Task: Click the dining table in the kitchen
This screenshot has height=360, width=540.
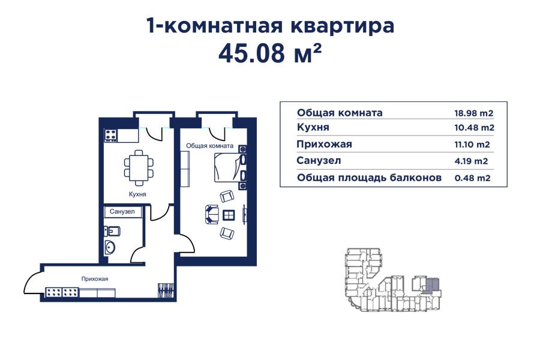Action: (138, 166)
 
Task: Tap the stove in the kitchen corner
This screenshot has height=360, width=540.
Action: (110, 136)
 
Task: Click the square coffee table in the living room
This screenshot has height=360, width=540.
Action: (229, 215)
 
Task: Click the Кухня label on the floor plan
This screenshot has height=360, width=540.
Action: (137, 194)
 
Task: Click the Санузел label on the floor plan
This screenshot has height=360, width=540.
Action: (122, 212)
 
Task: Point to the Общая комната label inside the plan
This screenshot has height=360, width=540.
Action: (209, 145)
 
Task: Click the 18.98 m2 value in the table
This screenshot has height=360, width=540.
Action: (474, 113)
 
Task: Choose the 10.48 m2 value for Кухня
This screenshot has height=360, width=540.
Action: (474, 128)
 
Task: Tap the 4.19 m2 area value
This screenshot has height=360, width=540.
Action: (470, 161)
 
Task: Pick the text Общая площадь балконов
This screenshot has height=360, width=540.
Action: (369, 178)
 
